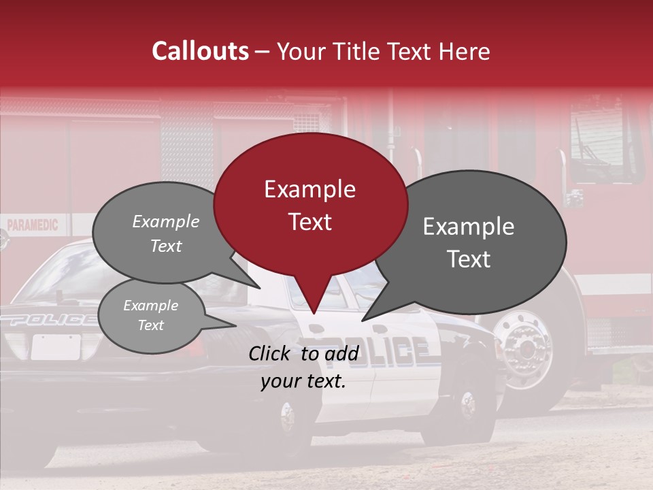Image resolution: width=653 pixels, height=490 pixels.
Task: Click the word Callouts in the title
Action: [x=200, y=51]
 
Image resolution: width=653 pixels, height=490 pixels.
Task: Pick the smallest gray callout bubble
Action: [x=151, y=314]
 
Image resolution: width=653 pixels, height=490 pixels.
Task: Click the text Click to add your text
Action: [x=303, y=367]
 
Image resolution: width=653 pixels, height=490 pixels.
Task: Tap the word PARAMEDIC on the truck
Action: [x=33, y=225]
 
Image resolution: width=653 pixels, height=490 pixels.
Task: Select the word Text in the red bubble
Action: [x=310, y=222]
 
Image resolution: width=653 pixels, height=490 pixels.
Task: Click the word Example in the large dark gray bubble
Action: [x=469, y=227]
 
